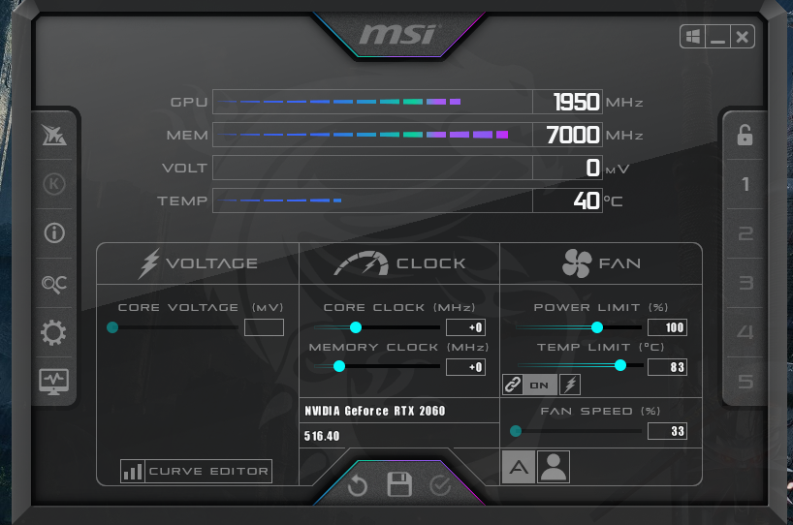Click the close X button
(x=743, y=37)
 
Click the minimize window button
(x=717, y=37)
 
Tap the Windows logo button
(x=693, y=37)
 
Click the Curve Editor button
(x=196, y=471)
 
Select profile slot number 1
(x=745, y=184)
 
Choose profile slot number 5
(x=745, y=382)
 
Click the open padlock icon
(x=745, y=135)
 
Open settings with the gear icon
(x=53, y=332)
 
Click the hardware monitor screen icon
(x=53, y=382)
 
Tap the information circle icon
(x=54, y=232)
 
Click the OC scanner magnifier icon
(x=53, y=284)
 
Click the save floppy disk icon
(x=399, y=484)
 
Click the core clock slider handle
(x=356, y=327)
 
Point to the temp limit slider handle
(x=620, y=365)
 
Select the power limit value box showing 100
(x=668, y=327)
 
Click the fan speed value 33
(x=668, y=431)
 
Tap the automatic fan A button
(x=519, y=467)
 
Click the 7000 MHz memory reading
(x=573, y=135)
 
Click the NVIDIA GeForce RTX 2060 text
(x=375, y=411)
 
